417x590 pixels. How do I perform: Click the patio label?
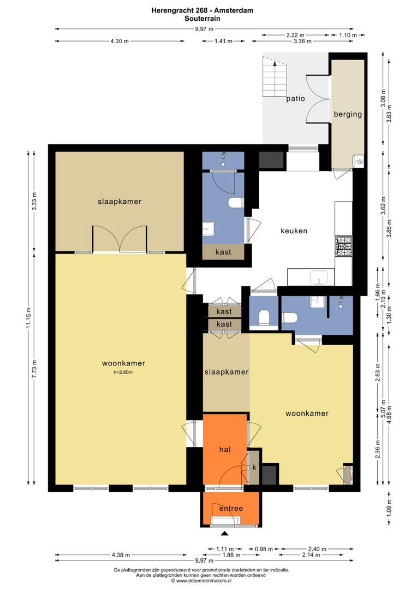pos(295,99)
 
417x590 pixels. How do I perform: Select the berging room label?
pos(348,114)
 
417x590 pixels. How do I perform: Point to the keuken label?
pos(294,231)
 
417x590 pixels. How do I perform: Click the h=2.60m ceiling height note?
pos(123,373)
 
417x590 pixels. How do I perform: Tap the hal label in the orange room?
pos(225,449)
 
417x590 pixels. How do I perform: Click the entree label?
pos(231,509)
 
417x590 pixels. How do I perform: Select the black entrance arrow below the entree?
pos(224,533)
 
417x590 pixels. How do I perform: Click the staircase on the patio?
pos(275,77)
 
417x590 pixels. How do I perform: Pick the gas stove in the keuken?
pos(344,246)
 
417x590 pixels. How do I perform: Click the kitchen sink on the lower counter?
pos(318,278)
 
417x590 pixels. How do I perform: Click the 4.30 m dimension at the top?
pos(120,41)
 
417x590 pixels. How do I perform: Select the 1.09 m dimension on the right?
pos(389,508)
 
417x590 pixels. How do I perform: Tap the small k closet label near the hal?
pos(254,468)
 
